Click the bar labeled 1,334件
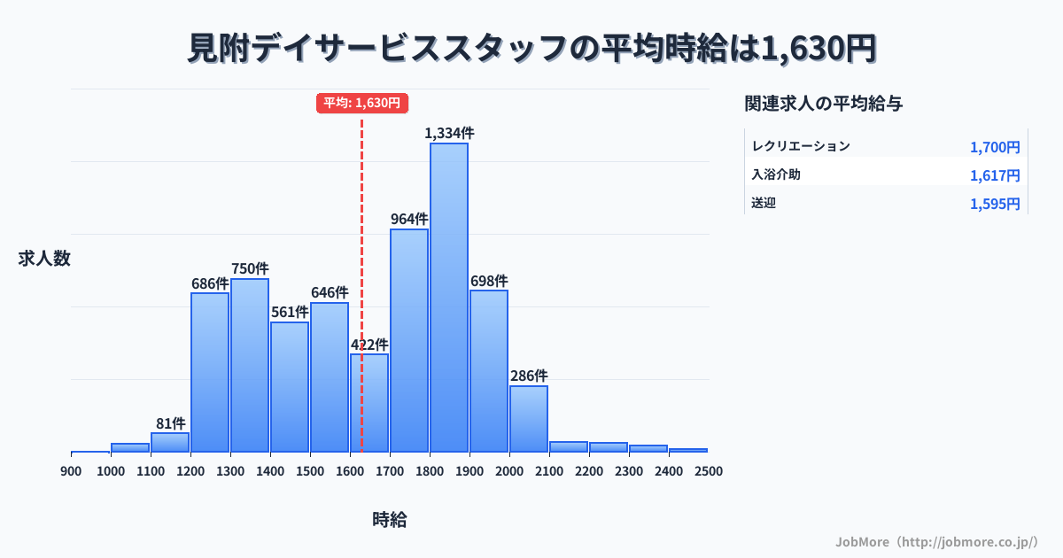click(x=449, y=297)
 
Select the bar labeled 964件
click(x=409, y=340)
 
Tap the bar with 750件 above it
click(x=250, y=365)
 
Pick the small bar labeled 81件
click(x=170, y=442)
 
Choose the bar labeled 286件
click(x=529, y=418)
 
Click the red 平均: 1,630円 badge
click(x=361, y=104)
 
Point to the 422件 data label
click(x=369, y=345)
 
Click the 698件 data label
click(x=489, y=281)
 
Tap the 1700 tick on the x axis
click(x=390, y=471)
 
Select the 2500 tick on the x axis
click(x=709, y=471)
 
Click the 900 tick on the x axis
click(x=71, y=471)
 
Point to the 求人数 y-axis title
click(x=44, y=259)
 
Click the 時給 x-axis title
click(x=390, y=520)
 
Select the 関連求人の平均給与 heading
click(x=824, y=104)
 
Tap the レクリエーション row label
click(x=801, y=146)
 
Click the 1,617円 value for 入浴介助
click(x=995, y=175)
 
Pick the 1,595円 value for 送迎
click(x=995, y=204)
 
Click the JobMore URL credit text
click(x=936, y=541)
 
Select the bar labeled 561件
click(x=290, y=386)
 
